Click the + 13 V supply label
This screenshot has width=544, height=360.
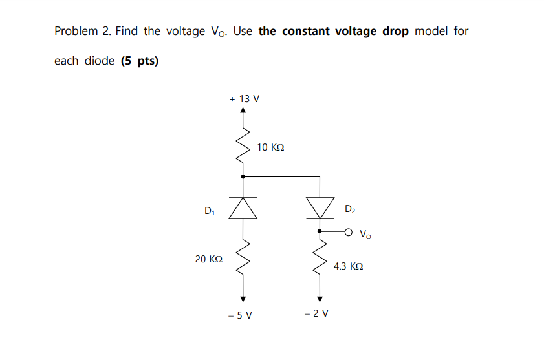(245, 99)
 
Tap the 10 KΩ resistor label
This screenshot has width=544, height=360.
(270, 147)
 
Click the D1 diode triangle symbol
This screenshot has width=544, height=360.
(243, 207)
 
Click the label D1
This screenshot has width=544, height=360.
(209, 211)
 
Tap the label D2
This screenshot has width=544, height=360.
(350, 209)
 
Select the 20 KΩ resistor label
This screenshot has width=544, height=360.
(209, 259)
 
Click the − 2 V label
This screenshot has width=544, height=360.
(316, 314)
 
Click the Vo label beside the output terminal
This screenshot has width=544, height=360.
(365, 234)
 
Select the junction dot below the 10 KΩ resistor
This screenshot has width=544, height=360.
(243, 176)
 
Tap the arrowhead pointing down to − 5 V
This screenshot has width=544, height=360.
(243, 299)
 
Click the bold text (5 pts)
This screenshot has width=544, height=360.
(140, 61)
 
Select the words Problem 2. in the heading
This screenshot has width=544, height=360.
(83, 31)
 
